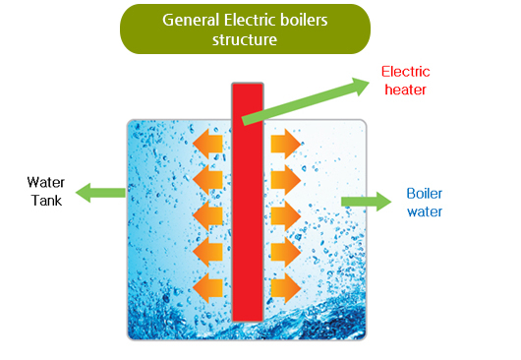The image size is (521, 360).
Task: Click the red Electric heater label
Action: (x=406, y=81)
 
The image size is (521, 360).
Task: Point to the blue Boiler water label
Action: (x=425, y=203)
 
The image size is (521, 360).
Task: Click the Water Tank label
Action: (x=45, y=191)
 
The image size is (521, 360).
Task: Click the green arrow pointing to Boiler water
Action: (x=365, y=202)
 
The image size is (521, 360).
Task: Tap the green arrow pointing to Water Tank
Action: (x=100, y=191)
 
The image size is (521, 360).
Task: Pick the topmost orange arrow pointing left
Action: (x=208, y=144)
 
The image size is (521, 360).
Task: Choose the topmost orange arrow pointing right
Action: (x=285, y=144)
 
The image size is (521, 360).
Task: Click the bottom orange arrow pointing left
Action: (x=208, y=288)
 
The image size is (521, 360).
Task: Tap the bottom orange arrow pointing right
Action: (x=285, y=288)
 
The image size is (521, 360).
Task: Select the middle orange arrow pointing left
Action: (x=208, y=215)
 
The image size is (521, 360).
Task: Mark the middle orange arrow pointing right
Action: (x=285, y=215)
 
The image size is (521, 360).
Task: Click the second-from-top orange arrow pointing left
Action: (x=208, y=180)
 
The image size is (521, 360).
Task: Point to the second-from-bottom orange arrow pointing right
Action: (x=285, y=252)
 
